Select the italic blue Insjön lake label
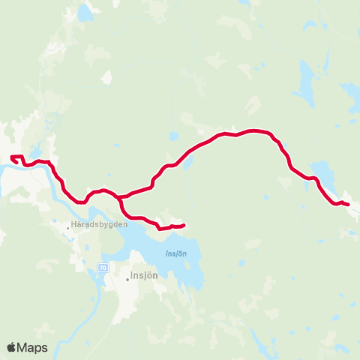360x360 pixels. tap(175, 253)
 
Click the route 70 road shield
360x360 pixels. tap(103, 268)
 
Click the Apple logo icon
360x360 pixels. tap(11, 347)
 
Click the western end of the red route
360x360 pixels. tap(11, 157)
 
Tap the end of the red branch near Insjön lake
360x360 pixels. tap(184, 224)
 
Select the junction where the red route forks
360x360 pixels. tap(118, 198)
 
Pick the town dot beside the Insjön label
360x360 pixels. tap(127, 279)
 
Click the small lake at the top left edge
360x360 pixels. tap(87, 11)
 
